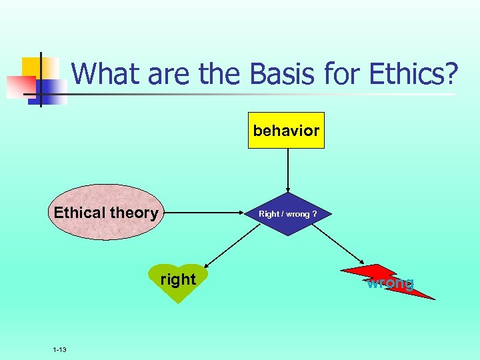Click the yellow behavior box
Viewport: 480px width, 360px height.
pyautogui.click(x=286, y=130)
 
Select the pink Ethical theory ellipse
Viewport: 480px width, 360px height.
pyautogui.click(x=106, y=212)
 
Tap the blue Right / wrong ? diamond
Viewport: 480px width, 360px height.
pyautogui.click(x=287, y=214)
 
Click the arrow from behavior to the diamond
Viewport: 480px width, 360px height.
pyautogui.click(x=287, y=170)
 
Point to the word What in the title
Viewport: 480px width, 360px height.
pyautogui.click(x=107, y=74)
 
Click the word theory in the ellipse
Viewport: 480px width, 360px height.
pyautogui.click(x=135, y=213)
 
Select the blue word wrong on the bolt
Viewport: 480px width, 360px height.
pyautogui.click(x=390, y=283)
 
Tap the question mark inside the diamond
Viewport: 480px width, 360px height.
pyautogui.click(x=313, y=215)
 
